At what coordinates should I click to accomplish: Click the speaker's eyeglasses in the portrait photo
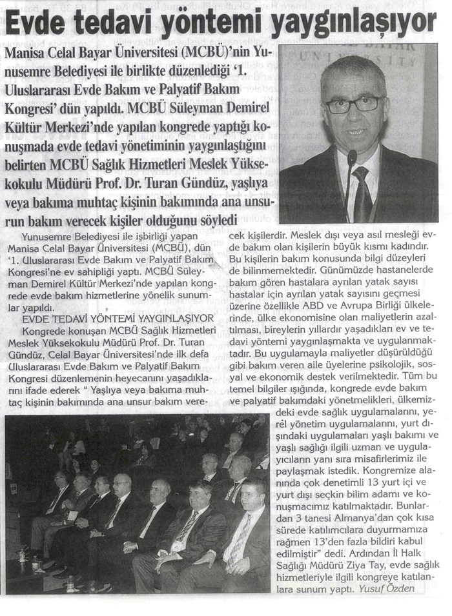coord(354,104)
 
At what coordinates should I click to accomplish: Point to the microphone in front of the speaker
coord(352,157)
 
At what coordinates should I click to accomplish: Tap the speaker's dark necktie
coord(362,194)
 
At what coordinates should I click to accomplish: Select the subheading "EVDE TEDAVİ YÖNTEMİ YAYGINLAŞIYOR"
coord(117,318)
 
